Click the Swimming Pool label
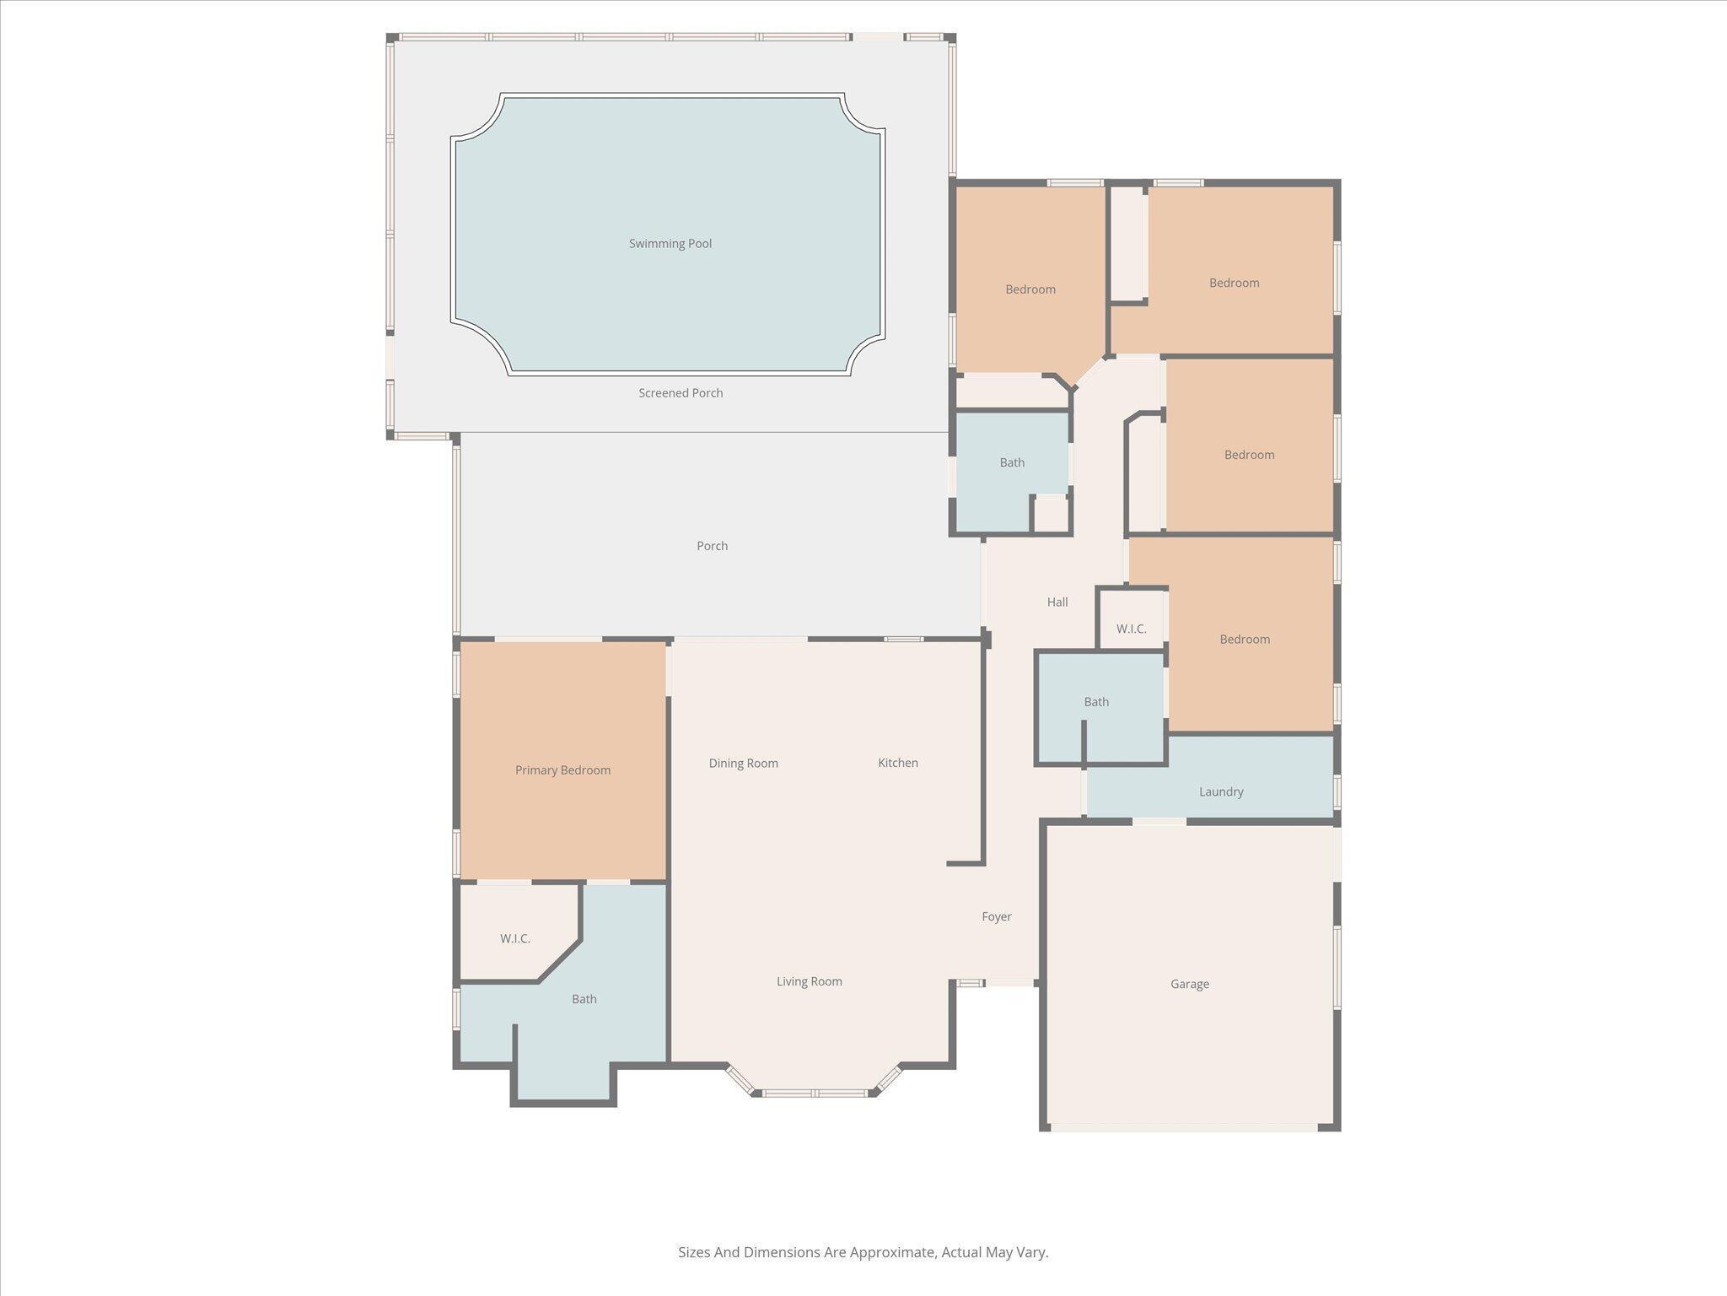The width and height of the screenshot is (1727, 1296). pyautogui.click(x=670, y=244)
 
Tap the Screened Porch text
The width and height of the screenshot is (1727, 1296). pyautogui.click(x=680, y=393)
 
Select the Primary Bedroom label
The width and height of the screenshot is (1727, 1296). pyautogui.click(x=562, y=770)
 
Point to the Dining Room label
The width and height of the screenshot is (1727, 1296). pyautogui.click(x=743, y=764)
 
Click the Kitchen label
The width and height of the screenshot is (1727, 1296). pyautogui.click(x=897, y=763)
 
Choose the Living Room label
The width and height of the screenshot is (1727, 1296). pyautogui.click(x=809, y=981)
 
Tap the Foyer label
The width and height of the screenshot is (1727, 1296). pyautogui.click(x=996, y=916)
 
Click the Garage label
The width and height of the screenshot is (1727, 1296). pyautogui.click(x=1189, y=984)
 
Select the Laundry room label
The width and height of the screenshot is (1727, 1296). pyautogui.click(x=1220, y=792)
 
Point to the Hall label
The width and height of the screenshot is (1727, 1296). pyautogui.click(x=1057, y=602)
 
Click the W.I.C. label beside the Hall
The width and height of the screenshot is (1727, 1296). pyautogui.click(x=1131, y=629)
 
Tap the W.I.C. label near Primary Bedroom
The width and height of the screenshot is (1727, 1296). pyautogui.click(x=514, y=939)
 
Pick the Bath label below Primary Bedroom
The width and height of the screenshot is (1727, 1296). pyautogui.click(x=584, y=999)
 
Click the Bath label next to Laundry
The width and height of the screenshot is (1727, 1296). pyautogui.click(x=1095, y=702)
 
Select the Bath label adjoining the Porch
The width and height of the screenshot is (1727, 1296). pyautogui.click(x=1011, y=462)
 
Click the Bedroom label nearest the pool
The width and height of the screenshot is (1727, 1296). pyautogui.click(x=1030, y=289)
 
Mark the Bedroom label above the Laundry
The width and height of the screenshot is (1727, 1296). pyautogui.click(x=1244, y=640)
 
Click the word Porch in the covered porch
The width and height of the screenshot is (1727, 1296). pyautogui.click(x=712, y=546)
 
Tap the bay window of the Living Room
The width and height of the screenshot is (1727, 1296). pyautogui.click(x=814, y=1093)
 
